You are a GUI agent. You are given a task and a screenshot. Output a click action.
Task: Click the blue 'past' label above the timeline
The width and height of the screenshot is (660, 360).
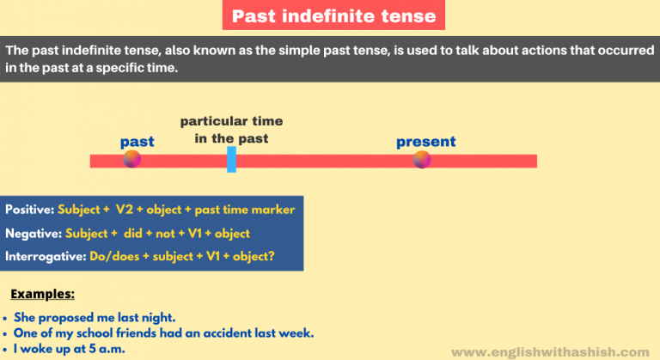point(137,141)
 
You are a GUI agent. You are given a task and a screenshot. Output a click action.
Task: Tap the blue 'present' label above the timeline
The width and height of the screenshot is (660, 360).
point(425,141)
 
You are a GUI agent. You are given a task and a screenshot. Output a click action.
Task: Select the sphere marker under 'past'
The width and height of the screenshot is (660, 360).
point(131,159)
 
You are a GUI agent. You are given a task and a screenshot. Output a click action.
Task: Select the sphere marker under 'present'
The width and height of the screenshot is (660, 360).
point(421,159)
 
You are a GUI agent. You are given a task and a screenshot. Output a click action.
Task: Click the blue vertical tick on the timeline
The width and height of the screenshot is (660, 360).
point(231,159)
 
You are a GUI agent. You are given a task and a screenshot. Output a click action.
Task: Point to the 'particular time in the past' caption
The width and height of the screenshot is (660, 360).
point(231,130)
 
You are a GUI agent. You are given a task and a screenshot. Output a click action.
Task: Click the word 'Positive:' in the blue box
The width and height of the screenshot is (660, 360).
point(30,210)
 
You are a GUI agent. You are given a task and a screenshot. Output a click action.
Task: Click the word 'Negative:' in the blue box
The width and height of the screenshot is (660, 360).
point(31,233)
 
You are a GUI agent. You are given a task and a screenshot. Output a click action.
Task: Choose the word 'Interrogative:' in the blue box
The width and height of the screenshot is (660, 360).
point(43,256)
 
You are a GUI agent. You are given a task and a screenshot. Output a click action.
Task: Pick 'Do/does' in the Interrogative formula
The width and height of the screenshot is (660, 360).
point(107,256)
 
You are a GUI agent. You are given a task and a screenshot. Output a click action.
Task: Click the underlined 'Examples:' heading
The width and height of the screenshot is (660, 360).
point(42,293)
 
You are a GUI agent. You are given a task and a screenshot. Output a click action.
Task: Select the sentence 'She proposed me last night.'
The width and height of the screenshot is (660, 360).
point(95,317)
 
